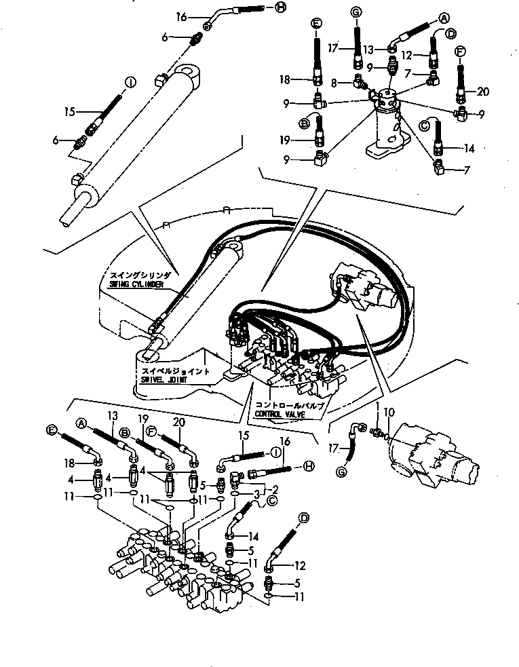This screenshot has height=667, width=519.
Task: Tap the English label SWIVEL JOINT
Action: (167, 381)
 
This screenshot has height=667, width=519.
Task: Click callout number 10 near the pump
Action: (387, 412)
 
